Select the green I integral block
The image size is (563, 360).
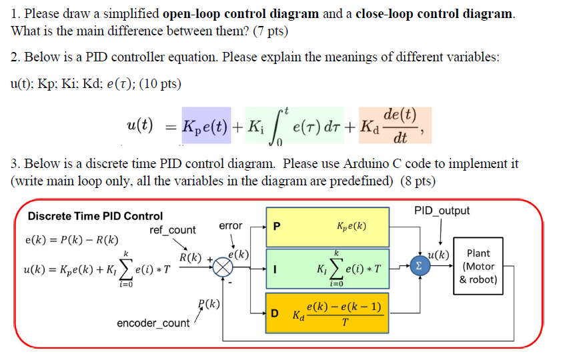pyautogui.click(x=327, y=269)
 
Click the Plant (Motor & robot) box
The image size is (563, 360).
pyautogui.click(x=478, y=267)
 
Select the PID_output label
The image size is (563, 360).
pyautogui.click(x=441, y=211)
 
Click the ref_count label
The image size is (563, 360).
pyautogui.click(x=173, y=230)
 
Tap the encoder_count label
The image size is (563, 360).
pyautogui.click(x=153, y=323)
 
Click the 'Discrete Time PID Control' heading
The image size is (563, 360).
pyautogui.click(x=95, y=216)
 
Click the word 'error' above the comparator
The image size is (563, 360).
pyautogui.click(x=231, y=226)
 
